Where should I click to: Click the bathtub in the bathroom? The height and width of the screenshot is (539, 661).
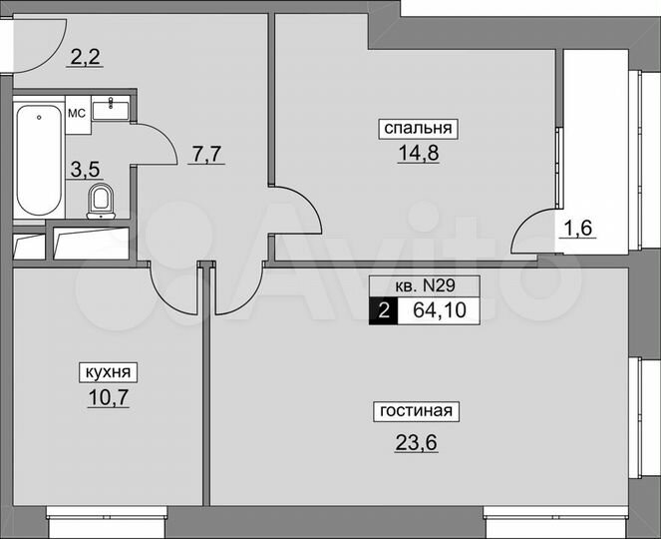[x=38, y=160]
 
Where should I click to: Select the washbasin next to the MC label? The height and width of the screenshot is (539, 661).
[x=111, y=109]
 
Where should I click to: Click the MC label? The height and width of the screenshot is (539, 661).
[x=76, y=113]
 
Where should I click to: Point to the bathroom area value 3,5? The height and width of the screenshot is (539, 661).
[x=82, y=169]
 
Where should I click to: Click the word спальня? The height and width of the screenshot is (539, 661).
[x=416, y=128]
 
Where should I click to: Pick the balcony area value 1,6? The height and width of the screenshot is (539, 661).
[x=579, y=227]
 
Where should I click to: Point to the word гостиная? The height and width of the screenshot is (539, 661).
[x=416, y=410]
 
